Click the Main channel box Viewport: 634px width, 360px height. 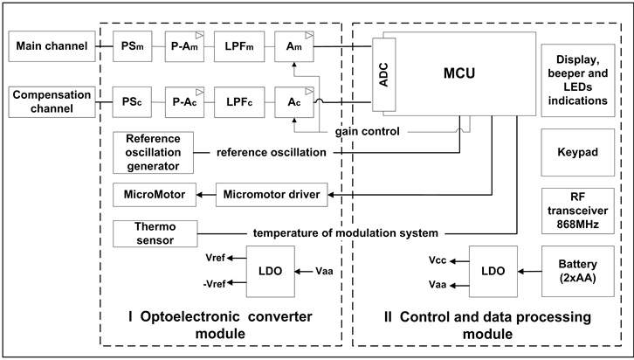[x=49, y=46]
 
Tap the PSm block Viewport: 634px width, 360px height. [x=133, y=46]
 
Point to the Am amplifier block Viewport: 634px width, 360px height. [x=293, y=46]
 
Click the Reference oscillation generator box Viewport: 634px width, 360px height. [x=153, y=152]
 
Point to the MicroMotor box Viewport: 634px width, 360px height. [x=153, y=193]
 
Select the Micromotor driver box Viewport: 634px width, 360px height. [x=272, y=193]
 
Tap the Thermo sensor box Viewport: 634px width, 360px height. [x=153, y=233]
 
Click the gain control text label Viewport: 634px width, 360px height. [x=368, y=131]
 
